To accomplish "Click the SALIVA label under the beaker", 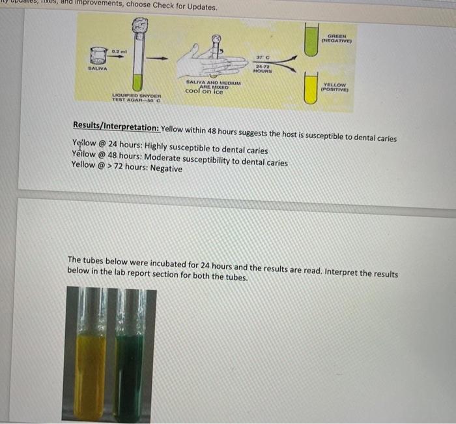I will (98, 68).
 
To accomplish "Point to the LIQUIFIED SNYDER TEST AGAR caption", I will (136, 98).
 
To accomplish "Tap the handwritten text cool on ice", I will (204, 91).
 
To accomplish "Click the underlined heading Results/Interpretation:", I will (115, 125).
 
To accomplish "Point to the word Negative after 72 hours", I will (166, 169).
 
